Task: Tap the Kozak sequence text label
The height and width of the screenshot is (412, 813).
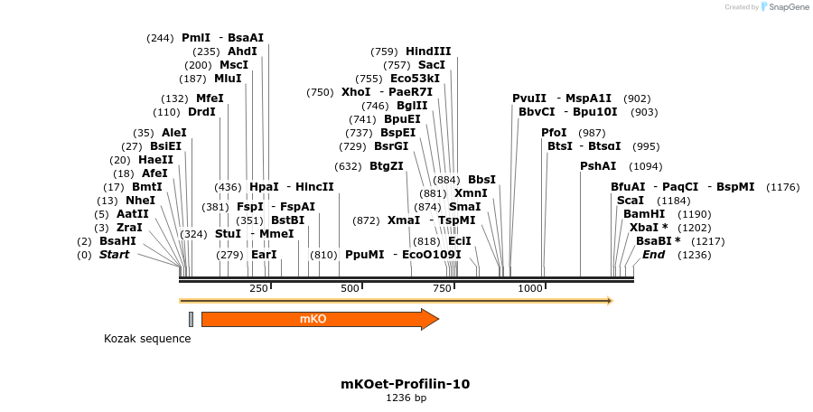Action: (x=147, y=339)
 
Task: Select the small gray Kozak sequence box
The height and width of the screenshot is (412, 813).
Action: (x=192, y=319)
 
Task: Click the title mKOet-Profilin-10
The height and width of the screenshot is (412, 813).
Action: (x=406, y=384)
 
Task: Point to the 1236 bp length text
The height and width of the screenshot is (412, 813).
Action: (x=406, y=398)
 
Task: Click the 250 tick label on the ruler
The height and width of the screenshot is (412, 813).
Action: (x=258, y=288)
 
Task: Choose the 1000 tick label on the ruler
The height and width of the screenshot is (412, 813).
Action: (x=529, y=288)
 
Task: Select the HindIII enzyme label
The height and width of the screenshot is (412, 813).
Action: (x=428, y=51)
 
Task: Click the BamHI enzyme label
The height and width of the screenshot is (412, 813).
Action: (x=644, y=214)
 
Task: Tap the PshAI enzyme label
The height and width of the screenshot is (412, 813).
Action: (x=598, y=166)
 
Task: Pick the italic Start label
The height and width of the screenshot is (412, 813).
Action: (x=114, y=255)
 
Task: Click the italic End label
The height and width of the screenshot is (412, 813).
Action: (x=654, y=255)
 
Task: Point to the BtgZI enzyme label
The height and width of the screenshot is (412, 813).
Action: (x=387, y=166)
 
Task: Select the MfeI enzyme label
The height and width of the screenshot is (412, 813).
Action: (x=210, y=98)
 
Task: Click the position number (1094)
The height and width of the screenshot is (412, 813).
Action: (x=645, y=166)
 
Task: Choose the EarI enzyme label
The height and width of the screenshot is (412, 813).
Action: (x=264, y=255)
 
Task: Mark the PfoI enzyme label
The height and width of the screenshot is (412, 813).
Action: (x=555, y=133)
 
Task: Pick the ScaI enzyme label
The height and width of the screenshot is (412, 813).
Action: (x=631, y=201)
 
